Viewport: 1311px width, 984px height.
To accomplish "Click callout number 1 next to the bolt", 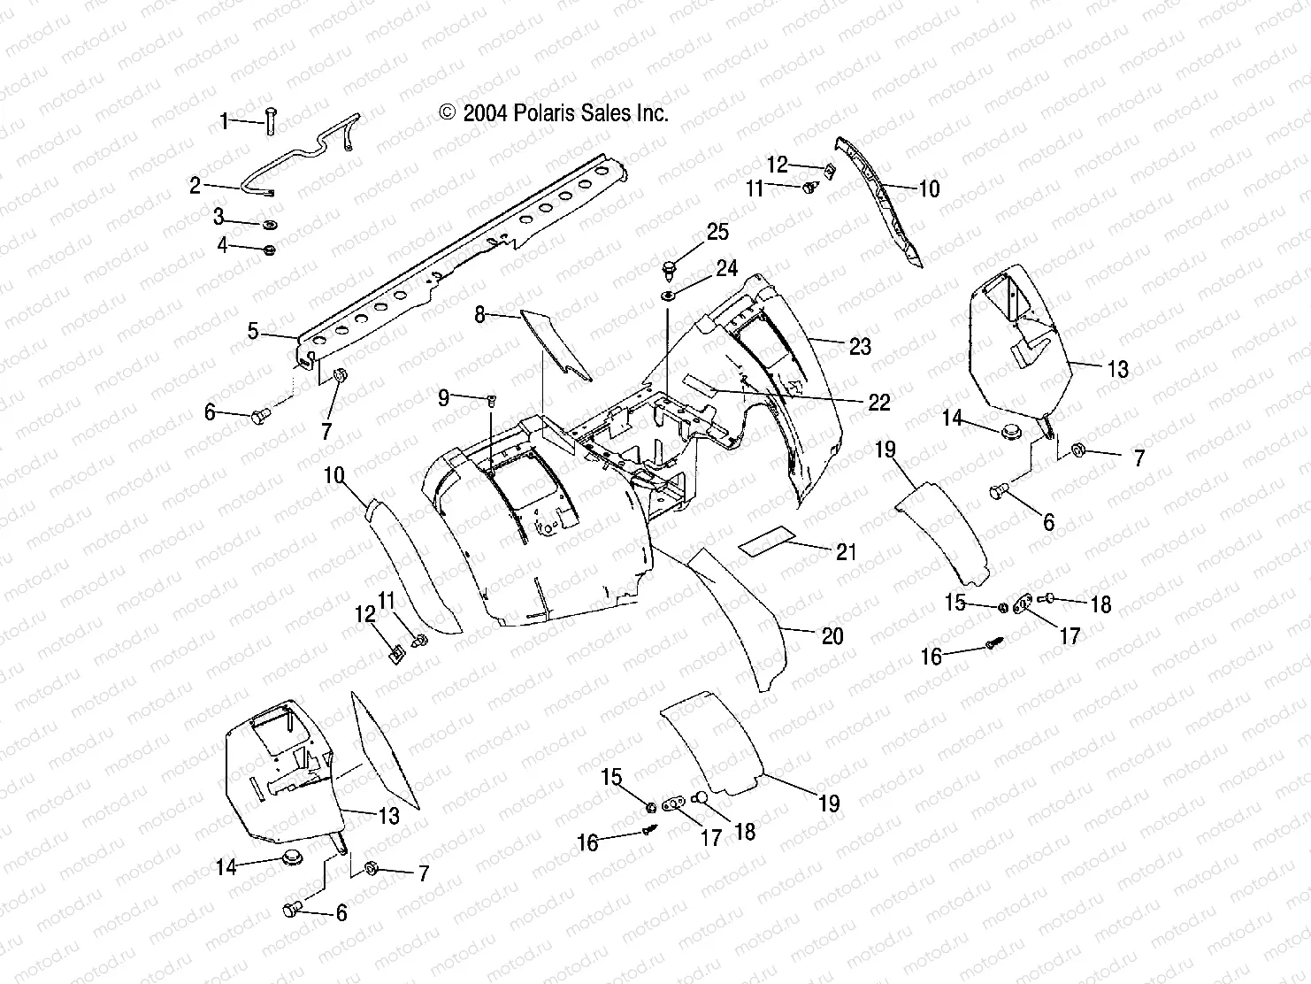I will [x=225, y=120].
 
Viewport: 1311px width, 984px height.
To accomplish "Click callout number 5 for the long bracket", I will [x=253, y=332].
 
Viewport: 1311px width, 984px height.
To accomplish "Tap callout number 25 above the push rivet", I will [x=717, y=232].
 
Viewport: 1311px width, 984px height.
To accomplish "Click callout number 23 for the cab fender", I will [x=860, y=347].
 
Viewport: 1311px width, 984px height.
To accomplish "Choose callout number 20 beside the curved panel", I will [x=832, y=635].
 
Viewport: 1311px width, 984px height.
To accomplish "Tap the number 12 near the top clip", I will [x=777, y=165].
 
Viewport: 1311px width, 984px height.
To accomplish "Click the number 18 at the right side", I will [x=1100, y=604].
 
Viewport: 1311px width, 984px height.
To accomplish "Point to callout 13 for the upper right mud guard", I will [x=1118, y=369].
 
